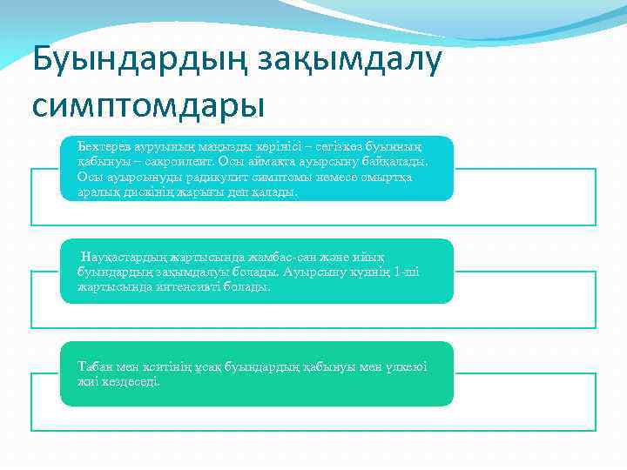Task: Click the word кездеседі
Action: point(133,380)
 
